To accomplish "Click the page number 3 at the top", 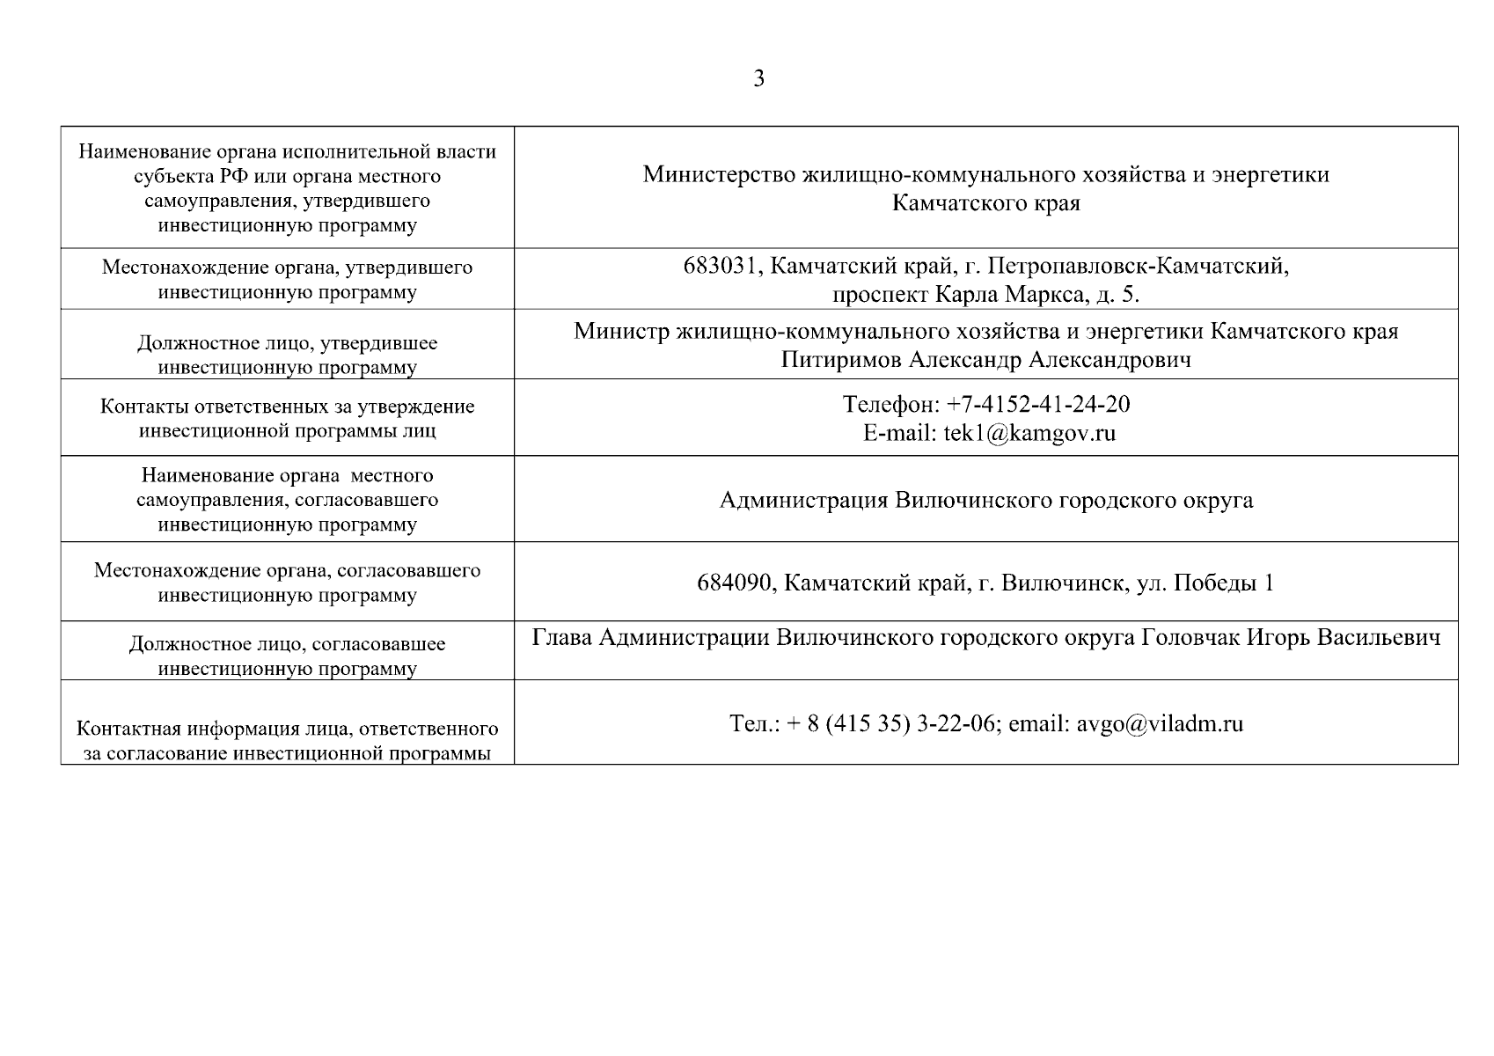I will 758,79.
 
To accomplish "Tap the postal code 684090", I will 735,583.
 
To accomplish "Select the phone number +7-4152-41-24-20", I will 1038,404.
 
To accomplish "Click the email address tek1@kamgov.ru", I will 1029,432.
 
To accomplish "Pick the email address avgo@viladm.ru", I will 1160,723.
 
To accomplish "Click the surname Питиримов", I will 840,359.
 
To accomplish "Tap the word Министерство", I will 719,174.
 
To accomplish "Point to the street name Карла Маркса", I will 1007,294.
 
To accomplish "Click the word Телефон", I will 890,404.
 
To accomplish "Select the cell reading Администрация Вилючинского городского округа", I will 985,500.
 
